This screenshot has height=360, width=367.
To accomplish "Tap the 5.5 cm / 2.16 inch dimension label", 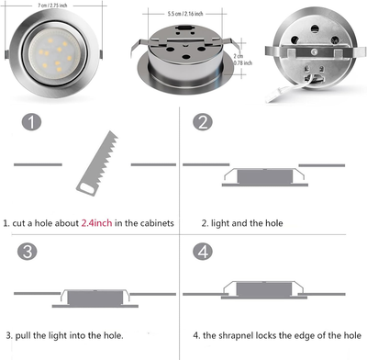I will click(x=186, y=17).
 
